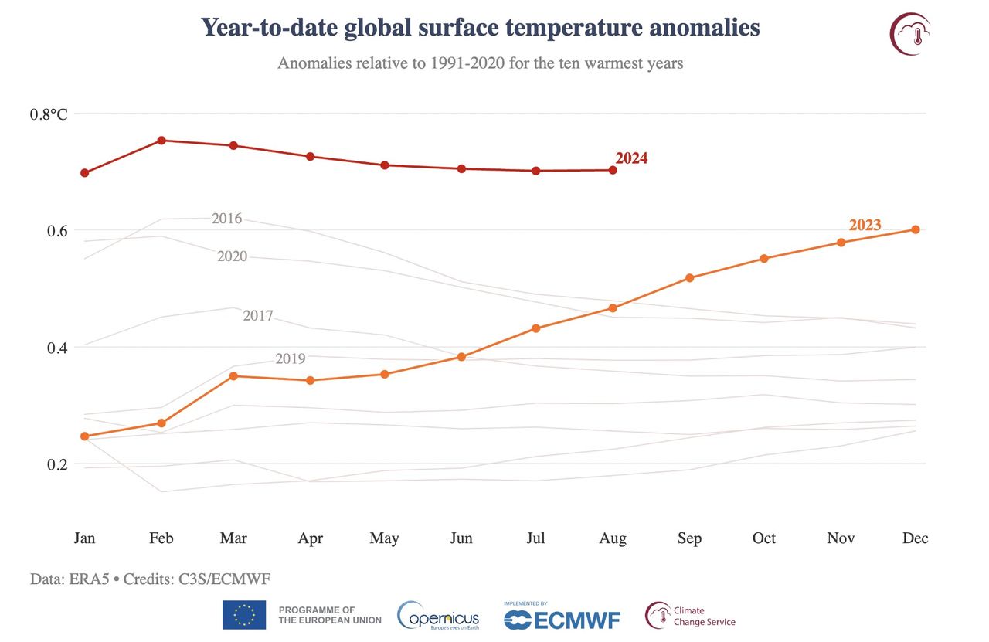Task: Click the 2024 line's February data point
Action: click(161, 141)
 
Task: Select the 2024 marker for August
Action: click(613, 170)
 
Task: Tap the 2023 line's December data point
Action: click(916, 229)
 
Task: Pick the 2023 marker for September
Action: click(689, 277)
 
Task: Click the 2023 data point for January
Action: click(84, 436)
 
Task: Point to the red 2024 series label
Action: click(631, 158)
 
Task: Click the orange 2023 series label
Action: click(865, 226)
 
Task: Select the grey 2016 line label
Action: click(226, 219)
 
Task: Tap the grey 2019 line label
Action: click(291, 358)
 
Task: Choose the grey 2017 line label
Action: click(258, 315)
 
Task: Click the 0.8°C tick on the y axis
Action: click(49, 114)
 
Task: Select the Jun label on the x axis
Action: click(461, 538)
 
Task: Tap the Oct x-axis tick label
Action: click(763, 538)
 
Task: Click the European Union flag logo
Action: click(244, 615)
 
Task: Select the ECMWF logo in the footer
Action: click(562, 618)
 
